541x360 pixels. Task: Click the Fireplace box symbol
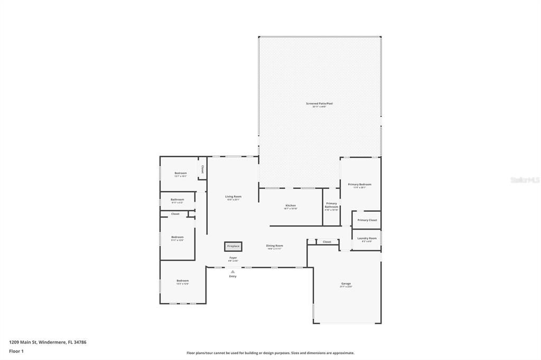(233, 246)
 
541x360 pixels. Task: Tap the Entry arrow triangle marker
(232, 272)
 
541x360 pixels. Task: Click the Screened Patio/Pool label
(319, 104)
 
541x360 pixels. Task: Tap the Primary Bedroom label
(359, 185)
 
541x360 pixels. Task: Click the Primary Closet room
(367, 220)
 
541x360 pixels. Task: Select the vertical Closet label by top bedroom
(202, 169)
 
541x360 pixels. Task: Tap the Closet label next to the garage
(327, 242)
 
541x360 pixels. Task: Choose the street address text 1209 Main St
(48, 342)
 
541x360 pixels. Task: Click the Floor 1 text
(16, 351)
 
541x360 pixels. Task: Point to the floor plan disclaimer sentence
(270, 353)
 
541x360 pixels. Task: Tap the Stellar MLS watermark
(525, 180)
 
